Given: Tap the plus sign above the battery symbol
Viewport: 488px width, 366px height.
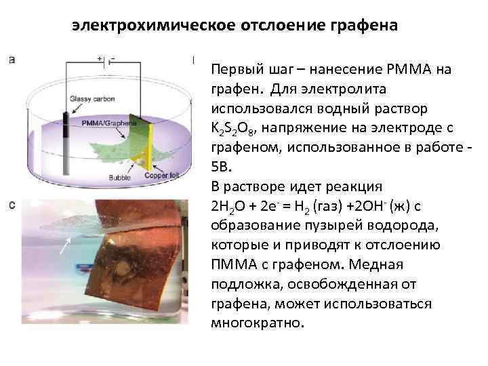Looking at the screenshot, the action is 99,59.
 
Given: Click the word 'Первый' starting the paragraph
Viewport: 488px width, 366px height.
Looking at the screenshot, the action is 233,70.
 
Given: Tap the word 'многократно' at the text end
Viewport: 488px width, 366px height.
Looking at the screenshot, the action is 258,322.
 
